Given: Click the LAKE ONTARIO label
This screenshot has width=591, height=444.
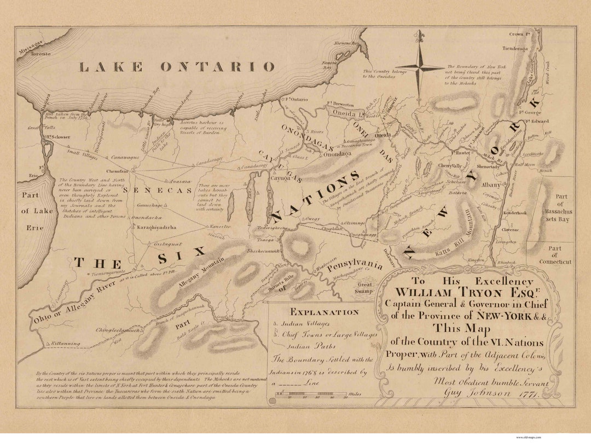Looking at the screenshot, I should click(176, 67).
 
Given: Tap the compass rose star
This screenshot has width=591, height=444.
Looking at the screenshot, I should click(420, 68).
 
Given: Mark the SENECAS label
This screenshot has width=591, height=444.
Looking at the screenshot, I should click(157, 190).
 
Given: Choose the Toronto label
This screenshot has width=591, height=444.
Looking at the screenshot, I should click(40, 54).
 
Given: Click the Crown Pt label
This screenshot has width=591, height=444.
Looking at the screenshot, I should click(517, 34).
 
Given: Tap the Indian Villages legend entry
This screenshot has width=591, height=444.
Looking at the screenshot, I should click(308, 323).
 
